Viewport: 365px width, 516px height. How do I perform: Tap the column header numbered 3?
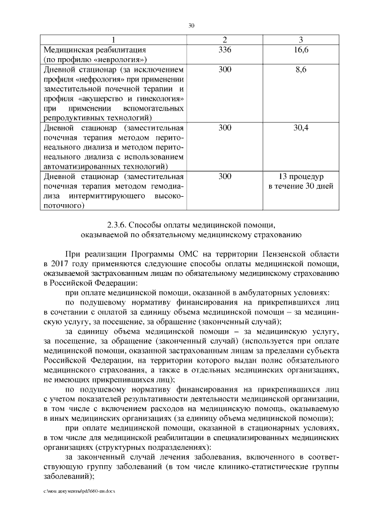[301, 40]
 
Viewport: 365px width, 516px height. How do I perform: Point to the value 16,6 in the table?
[301, 50]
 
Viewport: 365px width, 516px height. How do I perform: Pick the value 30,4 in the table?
[301, 128]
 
